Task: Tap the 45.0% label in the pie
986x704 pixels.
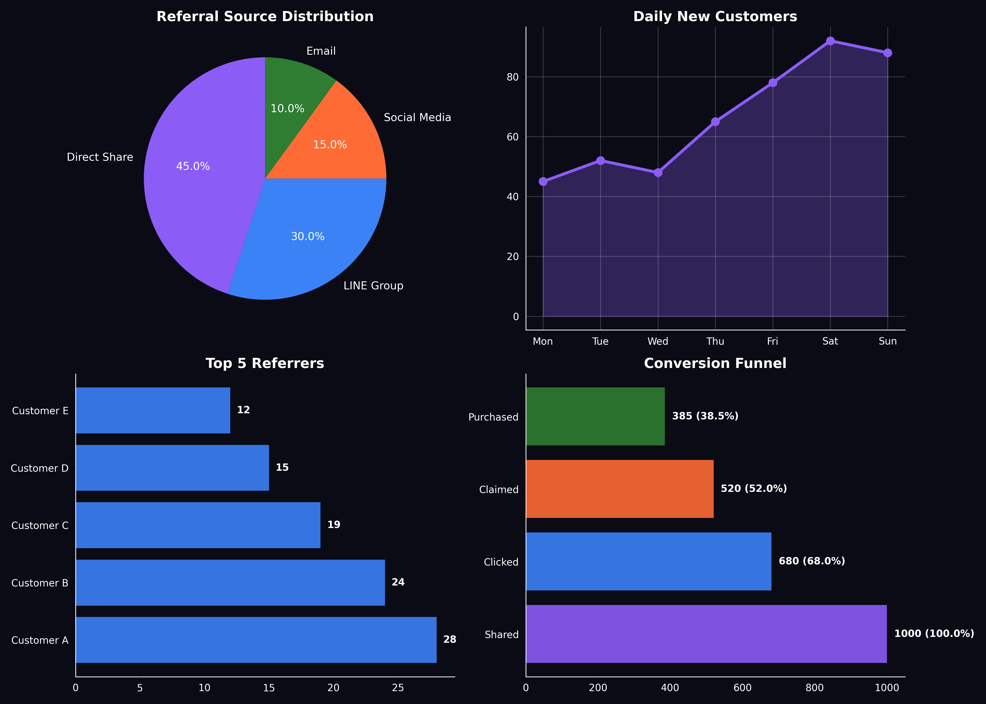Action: [193, 166]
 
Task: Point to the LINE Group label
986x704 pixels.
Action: [373, 286]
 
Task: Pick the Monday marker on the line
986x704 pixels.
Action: [543, 181]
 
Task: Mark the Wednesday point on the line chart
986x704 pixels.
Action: [658, 172]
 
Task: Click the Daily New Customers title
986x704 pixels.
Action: [715, 16]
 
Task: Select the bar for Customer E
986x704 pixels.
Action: [153, 410]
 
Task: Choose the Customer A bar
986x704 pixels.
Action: [256, 640]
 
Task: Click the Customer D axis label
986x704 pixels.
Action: [39, 468]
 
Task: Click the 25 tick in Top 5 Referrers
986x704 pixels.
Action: [398, 688]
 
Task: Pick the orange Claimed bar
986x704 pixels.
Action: [620, 489]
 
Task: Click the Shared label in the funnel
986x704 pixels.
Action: [502, 635]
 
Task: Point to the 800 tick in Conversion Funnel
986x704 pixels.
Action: [814, 688]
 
